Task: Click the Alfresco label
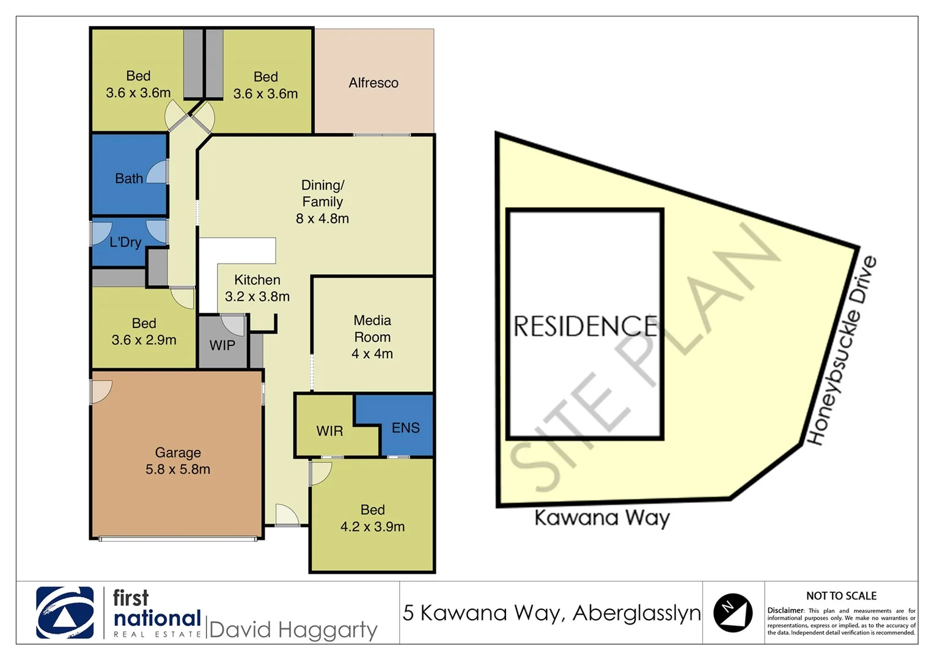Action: coord(373,82)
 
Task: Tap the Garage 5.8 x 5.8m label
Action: coord(177,461)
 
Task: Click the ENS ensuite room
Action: coord(405,428)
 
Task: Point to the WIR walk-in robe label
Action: coord(329,431)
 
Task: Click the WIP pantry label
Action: coord(222,345)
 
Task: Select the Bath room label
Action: coord(129,178)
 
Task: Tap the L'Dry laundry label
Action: coord(125,242)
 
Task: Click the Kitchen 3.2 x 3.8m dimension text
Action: coord(257,296)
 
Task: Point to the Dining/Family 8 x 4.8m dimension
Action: coord(322,218)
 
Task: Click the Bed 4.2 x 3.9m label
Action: coord(372,518)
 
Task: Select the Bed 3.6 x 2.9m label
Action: coord(144,332)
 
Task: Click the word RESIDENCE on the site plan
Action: coord(585,326)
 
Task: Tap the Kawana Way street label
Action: coord(601,518)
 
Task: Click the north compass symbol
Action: coord(733,612)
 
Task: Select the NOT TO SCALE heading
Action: coord(841,596)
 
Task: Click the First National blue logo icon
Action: coord(65,612)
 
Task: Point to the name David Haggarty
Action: coord(293,629)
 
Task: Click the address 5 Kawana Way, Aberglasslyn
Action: coord(551,612)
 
